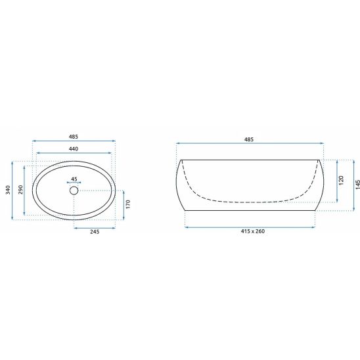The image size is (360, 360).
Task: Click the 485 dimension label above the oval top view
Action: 74,137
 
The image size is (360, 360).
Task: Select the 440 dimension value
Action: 74,148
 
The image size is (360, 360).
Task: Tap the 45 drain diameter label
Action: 74,179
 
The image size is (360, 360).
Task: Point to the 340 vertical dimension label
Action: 8,190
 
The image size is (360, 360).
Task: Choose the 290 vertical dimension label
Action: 20,190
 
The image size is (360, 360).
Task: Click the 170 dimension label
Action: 128,204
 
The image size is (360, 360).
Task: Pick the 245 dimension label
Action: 95,232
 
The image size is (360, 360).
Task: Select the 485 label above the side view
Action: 249,139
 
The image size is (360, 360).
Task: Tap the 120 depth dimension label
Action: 341,180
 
